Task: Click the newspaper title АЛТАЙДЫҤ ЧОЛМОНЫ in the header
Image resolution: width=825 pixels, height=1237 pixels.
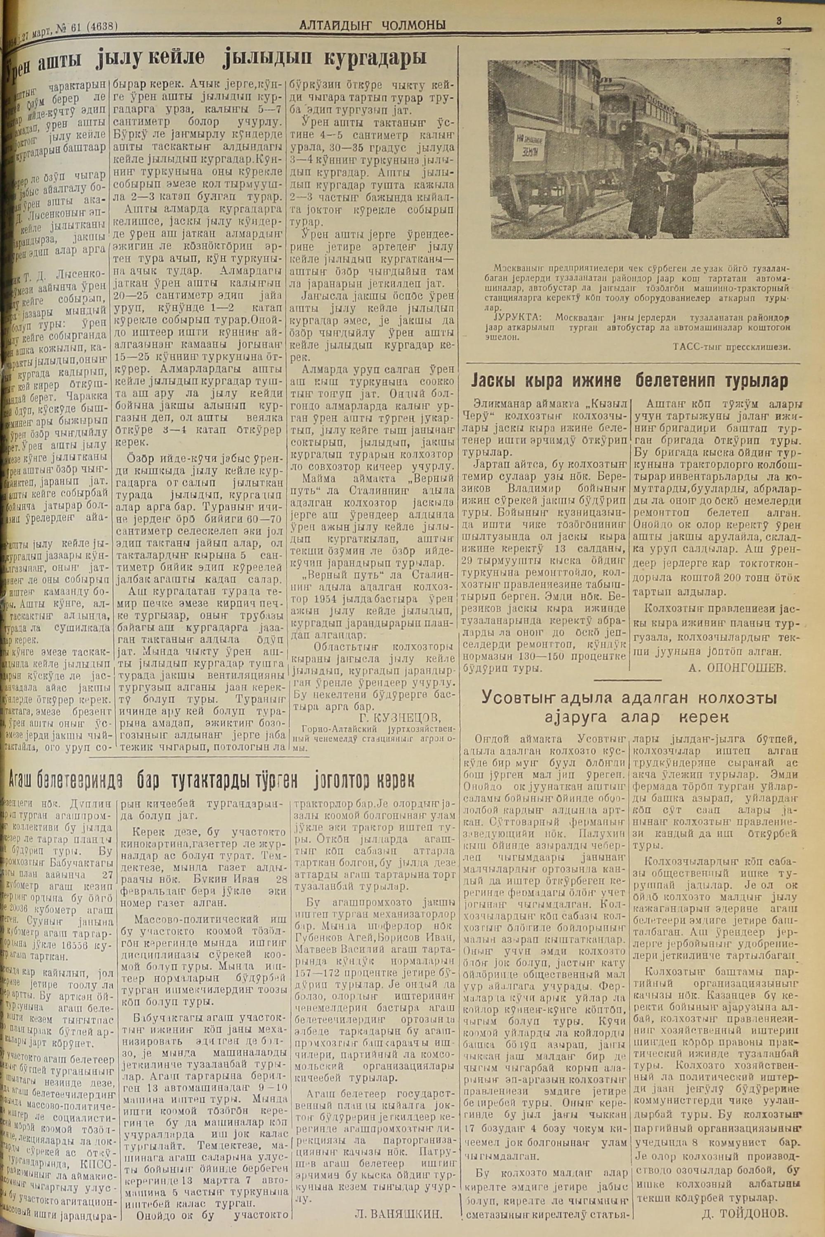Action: [x=372, y=25]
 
